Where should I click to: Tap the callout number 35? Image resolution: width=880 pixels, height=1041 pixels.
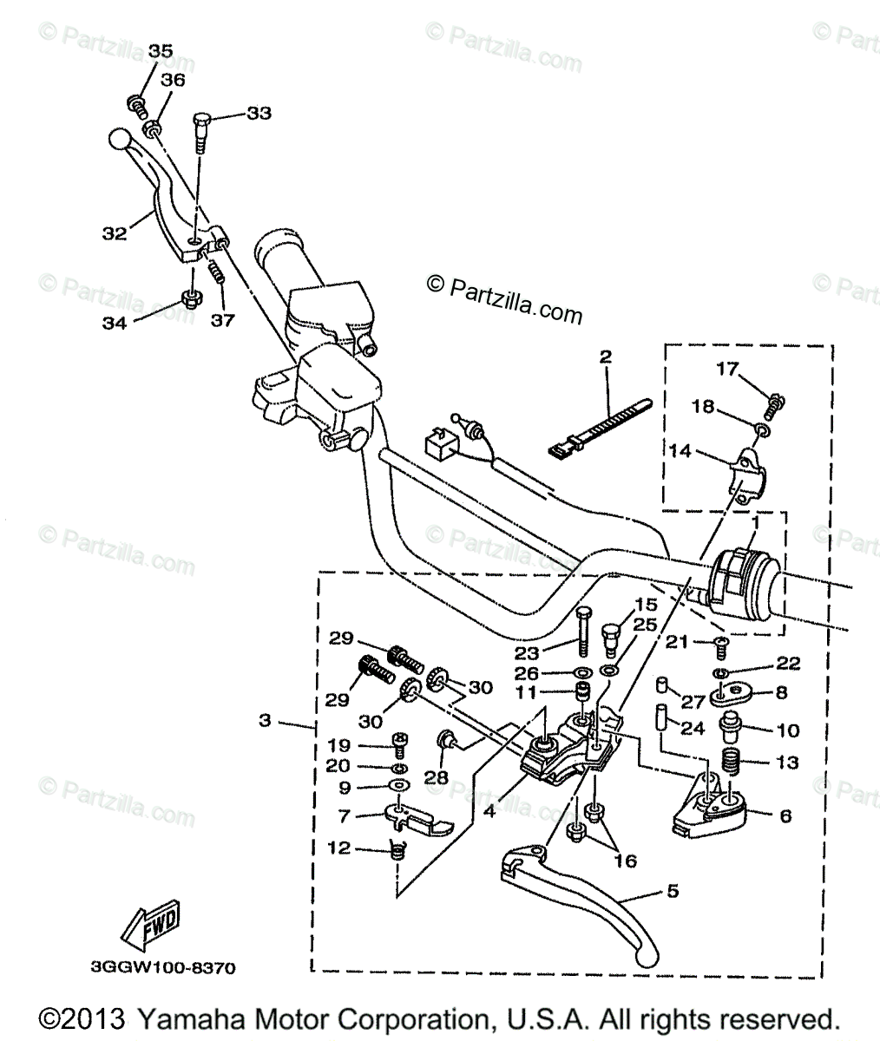click(161, 50)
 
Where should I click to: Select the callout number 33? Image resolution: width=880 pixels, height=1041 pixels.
click(259, 113)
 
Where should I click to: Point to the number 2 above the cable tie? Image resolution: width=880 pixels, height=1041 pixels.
click(605, 357)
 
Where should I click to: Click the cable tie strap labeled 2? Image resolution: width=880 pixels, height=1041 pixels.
click(601, 428)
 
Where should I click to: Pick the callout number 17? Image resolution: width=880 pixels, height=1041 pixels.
click(727, 369)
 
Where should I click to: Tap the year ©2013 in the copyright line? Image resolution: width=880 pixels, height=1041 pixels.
click(82, 1019)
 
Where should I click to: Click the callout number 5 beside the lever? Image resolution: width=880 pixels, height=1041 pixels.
click(673, 891)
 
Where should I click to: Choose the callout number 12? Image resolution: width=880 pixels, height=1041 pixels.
click(339, 848)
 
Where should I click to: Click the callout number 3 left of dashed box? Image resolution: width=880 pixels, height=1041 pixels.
click(265, 720)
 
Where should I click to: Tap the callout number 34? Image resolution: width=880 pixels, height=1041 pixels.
click(115, 323)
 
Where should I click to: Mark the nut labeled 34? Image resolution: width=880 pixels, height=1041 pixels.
click(191, 298)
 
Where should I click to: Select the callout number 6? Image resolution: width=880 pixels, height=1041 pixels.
click(785, 816)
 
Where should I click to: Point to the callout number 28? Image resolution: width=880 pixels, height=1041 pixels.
click(436, 777)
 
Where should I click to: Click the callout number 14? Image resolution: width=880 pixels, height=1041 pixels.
click(680, 451)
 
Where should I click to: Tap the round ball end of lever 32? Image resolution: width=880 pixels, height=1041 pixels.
click(120, 140)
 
